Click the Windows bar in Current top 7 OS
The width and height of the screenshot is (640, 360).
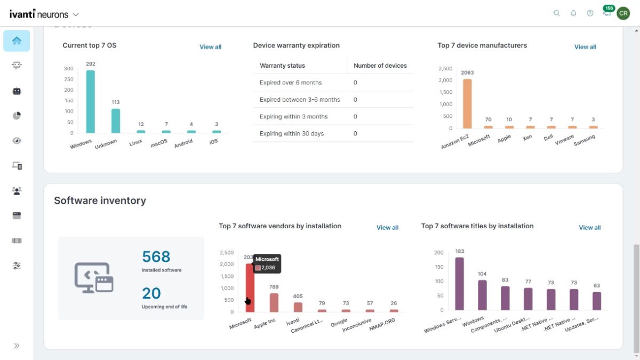(90, 101)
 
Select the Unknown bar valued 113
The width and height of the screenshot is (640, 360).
(115, 121)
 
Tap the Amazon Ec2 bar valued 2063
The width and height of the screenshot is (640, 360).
(467, 104)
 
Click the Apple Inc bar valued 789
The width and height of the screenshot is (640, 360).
(274, 302)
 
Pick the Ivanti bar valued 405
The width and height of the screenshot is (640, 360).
(298, 307)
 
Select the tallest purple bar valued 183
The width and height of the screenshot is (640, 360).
(459, 284)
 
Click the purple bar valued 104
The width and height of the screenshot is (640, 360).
(482, 295)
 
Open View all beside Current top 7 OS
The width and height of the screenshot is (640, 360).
(210, 47)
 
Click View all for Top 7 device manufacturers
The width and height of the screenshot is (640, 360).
(585, 47)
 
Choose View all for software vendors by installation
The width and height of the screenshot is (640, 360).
(387, 227)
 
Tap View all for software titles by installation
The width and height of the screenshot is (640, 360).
(589, 227)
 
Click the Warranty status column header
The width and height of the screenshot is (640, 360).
(282, 66)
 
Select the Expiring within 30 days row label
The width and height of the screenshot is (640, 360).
(292, 133)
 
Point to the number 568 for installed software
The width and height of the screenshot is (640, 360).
(156, 257)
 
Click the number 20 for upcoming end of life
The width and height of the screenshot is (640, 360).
(151, 293)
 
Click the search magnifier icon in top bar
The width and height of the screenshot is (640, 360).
(557, 13)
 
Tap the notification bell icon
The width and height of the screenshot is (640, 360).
(573, 13)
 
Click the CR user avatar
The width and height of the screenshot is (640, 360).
(623, 13)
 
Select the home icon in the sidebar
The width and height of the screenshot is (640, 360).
(17, 41)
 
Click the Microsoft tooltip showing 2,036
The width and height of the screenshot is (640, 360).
(267, 263)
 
